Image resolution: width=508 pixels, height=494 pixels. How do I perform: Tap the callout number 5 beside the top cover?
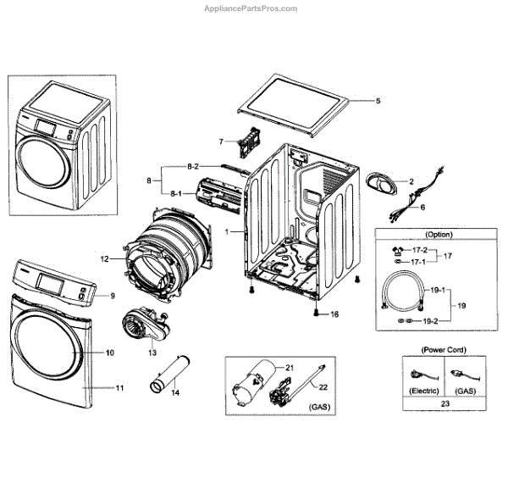point(378,101)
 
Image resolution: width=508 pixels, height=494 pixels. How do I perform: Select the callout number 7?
point(221,141)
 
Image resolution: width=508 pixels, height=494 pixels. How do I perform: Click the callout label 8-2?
point(192,165)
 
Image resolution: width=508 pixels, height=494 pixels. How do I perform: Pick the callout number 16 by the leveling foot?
point(334,314)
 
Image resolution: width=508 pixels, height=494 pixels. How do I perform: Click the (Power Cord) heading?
point(446,349)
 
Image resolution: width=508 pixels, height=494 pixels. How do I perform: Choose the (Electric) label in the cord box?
point(423,390)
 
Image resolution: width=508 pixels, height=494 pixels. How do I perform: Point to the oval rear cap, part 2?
point(382,181)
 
